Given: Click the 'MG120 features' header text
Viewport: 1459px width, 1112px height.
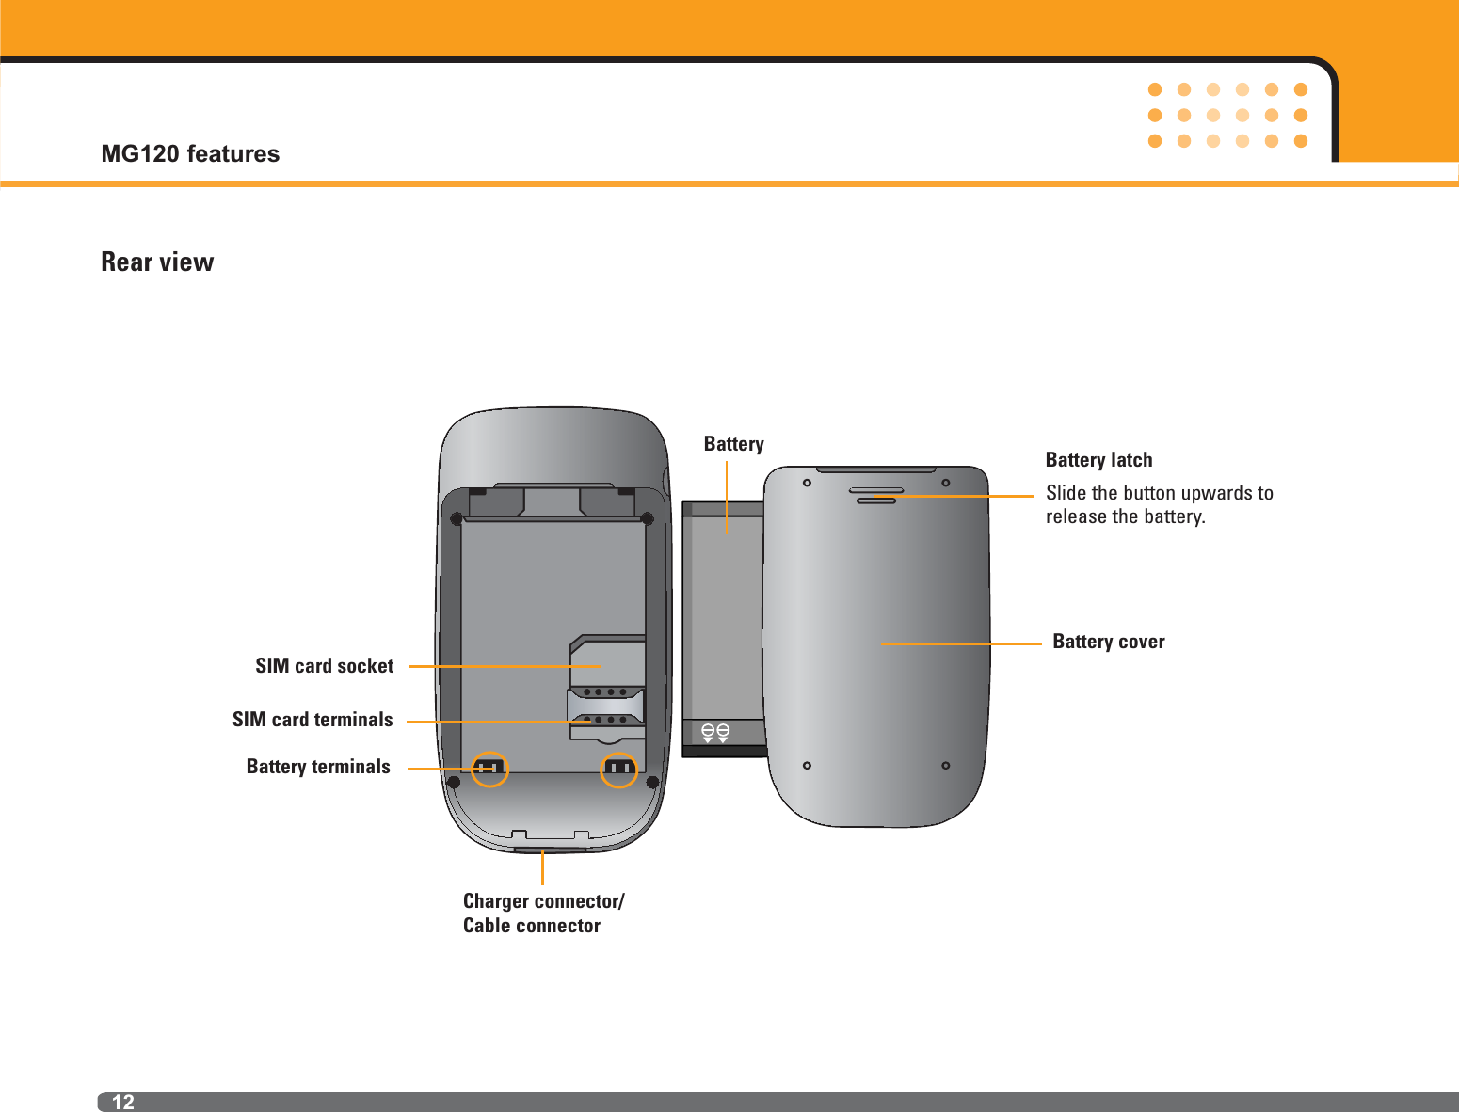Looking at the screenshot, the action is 190,153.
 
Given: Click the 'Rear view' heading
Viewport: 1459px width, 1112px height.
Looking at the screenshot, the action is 157,262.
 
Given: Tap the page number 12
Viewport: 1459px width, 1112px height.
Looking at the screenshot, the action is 123,1102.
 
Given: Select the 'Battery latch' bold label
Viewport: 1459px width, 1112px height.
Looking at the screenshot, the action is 1098,460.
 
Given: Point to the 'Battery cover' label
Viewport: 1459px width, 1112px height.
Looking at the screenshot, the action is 1108,642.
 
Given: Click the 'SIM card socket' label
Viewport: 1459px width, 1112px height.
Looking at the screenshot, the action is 324,666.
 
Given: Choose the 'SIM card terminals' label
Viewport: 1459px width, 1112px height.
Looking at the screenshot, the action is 313,720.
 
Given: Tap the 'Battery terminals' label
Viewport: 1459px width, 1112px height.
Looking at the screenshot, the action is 318,767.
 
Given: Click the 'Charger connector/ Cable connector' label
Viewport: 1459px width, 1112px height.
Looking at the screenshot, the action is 543,913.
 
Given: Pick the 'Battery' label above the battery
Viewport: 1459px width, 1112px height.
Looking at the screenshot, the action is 733,444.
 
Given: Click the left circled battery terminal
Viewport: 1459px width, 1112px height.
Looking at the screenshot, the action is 489,769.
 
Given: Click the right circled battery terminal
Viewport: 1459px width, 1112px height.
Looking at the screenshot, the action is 618,769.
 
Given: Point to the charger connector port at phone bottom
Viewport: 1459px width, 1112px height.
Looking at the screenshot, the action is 550,850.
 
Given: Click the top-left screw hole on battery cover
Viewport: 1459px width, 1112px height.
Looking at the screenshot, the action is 807,484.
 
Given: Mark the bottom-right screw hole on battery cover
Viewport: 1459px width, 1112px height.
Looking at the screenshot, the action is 945,766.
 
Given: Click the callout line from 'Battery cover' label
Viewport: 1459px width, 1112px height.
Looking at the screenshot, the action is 960,643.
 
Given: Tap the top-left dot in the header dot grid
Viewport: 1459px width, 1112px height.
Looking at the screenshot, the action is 1155,90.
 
